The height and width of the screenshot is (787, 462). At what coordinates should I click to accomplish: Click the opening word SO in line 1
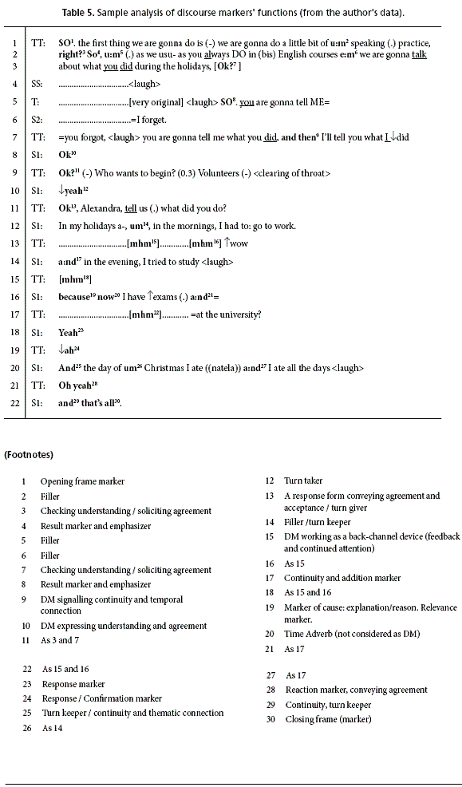[x=65, y=42]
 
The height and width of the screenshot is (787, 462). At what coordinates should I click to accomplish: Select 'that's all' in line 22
[x=98, y=403]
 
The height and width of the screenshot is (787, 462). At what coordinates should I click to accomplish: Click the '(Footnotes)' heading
[x=29, y=454]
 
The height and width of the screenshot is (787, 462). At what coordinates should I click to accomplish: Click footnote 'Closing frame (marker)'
[x=328, y=719]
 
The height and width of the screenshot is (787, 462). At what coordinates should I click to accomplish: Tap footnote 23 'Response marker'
[x=73, y=684]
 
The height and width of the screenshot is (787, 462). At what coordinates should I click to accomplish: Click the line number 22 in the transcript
[x=13, y=403]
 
